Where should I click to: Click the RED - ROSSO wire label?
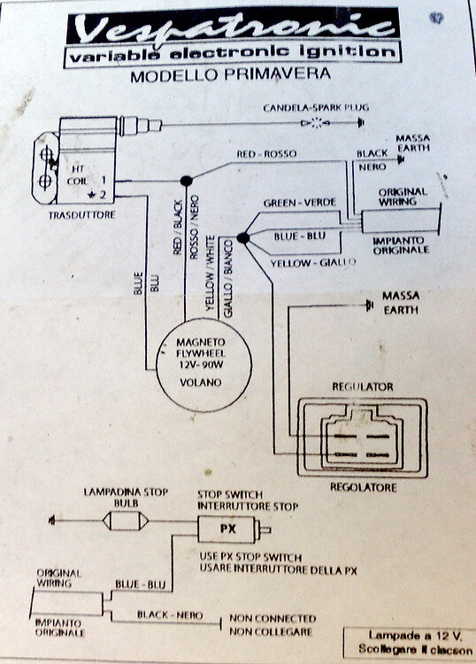tap(266, 155)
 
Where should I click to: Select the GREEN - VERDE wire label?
tap(299, 204)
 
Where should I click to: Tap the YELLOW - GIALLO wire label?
tap(314, 262)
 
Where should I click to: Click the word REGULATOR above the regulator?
tap(362, 387)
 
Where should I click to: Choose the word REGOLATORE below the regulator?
tap(362, 488)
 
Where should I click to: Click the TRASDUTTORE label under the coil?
tap(85, 215)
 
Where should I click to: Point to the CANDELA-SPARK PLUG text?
tap(315, 108)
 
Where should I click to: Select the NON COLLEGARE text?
tap(272, 631)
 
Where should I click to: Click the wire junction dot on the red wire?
tap(186, 181)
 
